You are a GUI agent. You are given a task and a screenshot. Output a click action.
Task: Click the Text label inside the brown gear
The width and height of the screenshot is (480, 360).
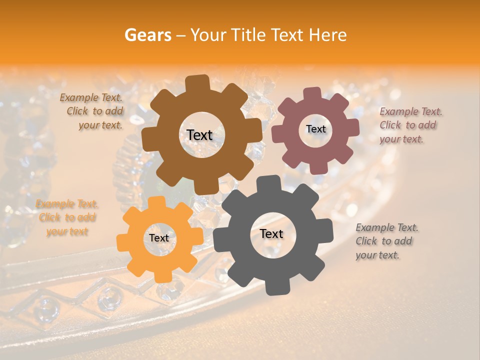199,135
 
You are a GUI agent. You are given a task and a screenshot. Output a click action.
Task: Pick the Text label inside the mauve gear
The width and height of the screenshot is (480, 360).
315,129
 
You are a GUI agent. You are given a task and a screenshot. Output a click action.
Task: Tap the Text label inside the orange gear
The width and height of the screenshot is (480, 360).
159,238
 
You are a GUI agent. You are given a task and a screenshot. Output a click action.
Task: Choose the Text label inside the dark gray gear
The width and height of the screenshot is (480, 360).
271,233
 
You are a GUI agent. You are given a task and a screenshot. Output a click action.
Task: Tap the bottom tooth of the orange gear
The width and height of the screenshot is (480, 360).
160,276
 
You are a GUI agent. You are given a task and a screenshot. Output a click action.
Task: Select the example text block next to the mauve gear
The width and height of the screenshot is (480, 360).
410,125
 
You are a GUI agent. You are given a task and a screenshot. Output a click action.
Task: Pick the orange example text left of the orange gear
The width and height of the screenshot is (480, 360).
66,217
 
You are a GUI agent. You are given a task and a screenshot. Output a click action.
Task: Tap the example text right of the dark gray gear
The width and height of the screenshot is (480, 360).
386,241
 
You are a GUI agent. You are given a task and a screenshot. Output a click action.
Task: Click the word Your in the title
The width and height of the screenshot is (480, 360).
206,35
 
